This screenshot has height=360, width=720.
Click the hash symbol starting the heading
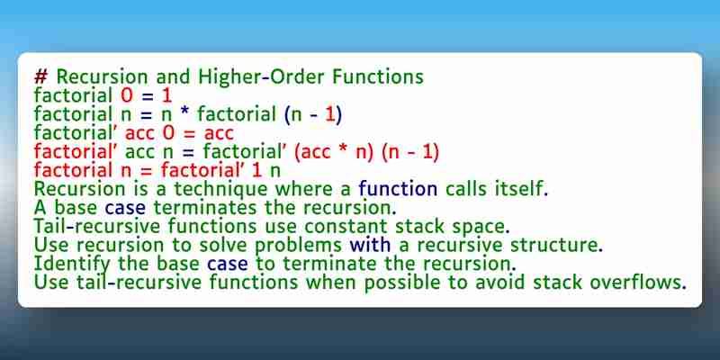40,77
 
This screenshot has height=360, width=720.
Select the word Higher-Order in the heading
260,76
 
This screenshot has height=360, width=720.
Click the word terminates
205,208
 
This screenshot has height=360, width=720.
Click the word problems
299,245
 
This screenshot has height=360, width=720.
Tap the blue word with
370,245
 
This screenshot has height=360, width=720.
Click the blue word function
398,189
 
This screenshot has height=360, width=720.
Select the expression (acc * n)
333,152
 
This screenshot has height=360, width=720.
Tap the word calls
464,189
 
